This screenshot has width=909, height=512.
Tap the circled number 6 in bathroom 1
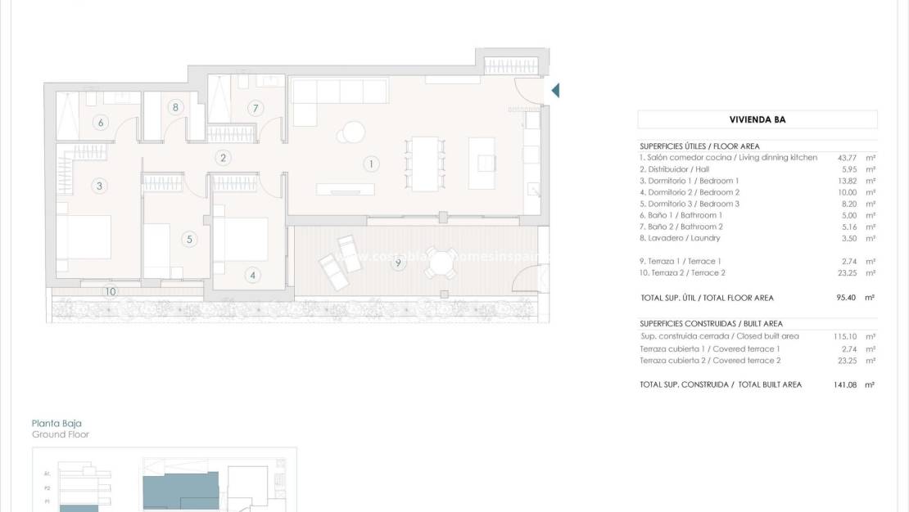point(101,124)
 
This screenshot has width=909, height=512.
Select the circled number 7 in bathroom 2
point(255,108)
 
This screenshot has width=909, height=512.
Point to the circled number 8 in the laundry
point(175,107)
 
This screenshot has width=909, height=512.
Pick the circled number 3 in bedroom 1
point(99,186)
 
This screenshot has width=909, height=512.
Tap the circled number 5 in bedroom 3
point(189,240)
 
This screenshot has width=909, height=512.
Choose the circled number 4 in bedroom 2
point(252,276)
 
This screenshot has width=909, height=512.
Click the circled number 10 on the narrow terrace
point(110,290)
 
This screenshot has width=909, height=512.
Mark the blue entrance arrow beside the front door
point(555,90)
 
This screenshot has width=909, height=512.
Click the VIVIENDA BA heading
point(757,119)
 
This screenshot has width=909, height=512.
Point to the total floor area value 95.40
point(846,298)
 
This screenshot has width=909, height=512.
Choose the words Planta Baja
point(57,423)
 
